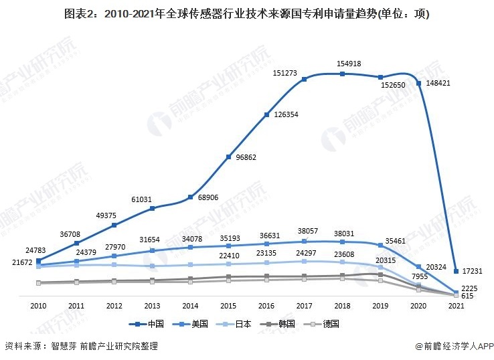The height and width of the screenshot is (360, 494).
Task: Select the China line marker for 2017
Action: tap(305, 79)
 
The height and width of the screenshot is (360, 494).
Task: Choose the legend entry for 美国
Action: tap(193, 324)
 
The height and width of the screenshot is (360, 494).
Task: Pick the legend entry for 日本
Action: tap(236, 324)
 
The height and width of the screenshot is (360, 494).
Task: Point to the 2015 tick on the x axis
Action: tap(228, 305)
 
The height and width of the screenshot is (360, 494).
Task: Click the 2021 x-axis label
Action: tap(457, 305)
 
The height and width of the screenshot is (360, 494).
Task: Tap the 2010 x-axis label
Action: tap(38, 305)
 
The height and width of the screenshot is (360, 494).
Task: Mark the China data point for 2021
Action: tap(457, 271)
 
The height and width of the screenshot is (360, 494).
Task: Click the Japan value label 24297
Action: tap(304, 252)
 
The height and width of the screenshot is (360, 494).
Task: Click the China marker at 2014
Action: tap(190, 197)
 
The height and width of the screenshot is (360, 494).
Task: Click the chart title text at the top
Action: tap(247, 13)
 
